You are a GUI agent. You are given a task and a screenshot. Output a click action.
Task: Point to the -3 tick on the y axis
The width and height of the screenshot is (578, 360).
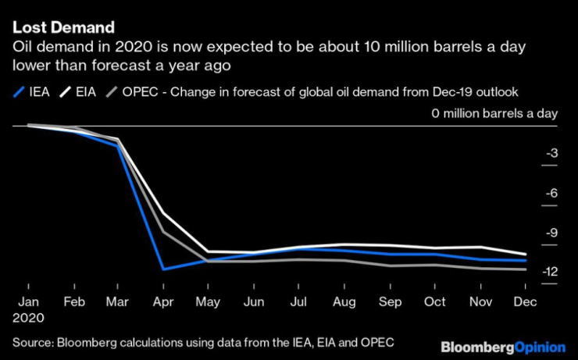click(550, 153)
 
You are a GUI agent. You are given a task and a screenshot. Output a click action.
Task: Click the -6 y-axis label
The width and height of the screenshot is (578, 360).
click(550, 193)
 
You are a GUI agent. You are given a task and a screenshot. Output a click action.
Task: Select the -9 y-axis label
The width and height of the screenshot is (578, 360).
click(550, 232)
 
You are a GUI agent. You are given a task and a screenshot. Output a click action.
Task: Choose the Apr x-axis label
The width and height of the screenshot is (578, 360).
click(162, 302)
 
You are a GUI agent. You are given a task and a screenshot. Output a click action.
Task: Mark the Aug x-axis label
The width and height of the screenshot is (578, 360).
click(344, 302)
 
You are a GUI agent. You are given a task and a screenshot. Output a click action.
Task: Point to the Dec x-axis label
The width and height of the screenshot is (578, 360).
click(529, 302)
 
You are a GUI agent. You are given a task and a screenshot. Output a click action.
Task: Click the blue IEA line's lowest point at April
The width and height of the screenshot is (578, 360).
click(162, 269)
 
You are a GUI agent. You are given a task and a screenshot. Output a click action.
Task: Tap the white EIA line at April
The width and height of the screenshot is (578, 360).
click(162, 213)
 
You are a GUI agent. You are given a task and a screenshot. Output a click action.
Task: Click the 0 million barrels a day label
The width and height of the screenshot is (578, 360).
click(494, 113)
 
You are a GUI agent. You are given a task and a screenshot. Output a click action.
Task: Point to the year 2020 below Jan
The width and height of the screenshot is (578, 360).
click(28, 318)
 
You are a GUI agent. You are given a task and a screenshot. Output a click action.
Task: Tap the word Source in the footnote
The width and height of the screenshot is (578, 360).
click(31, 343)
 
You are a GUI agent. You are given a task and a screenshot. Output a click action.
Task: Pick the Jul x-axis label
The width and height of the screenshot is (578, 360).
click(299, 302)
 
